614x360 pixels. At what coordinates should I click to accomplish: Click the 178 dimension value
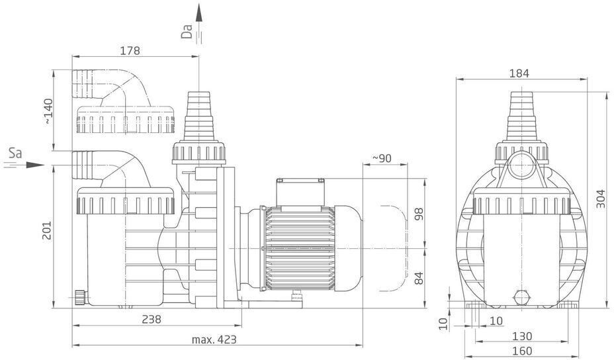130,50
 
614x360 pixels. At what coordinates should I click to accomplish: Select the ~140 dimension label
48,112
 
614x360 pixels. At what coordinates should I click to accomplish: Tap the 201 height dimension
47,231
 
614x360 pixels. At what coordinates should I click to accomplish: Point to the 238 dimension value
151,319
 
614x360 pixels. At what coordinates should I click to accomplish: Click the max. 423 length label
214,339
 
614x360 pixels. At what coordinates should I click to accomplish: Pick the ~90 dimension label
381,158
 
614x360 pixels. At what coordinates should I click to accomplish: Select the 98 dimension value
419,214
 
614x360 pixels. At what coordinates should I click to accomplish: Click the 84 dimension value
419,278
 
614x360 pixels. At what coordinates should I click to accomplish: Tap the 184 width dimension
519,73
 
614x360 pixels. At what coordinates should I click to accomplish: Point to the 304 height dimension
601,199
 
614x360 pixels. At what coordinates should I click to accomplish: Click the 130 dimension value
523,336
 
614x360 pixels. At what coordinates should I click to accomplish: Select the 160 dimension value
523,351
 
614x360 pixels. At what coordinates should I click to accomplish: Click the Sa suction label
15,153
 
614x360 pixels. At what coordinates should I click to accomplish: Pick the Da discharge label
187,32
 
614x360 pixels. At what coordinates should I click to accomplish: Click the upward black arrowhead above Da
199,13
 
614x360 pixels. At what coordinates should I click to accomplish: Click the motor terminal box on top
300,192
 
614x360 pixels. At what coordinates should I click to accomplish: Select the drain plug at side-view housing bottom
80,297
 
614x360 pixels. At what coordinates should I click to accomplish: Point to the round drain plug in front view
521,297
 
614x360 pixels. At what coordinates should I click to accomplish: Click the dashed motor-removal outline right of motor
394,248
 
